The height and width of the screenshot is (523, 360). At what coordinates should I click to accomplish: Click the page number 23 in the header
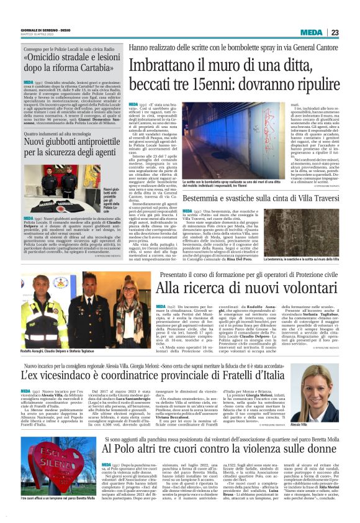351,32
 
